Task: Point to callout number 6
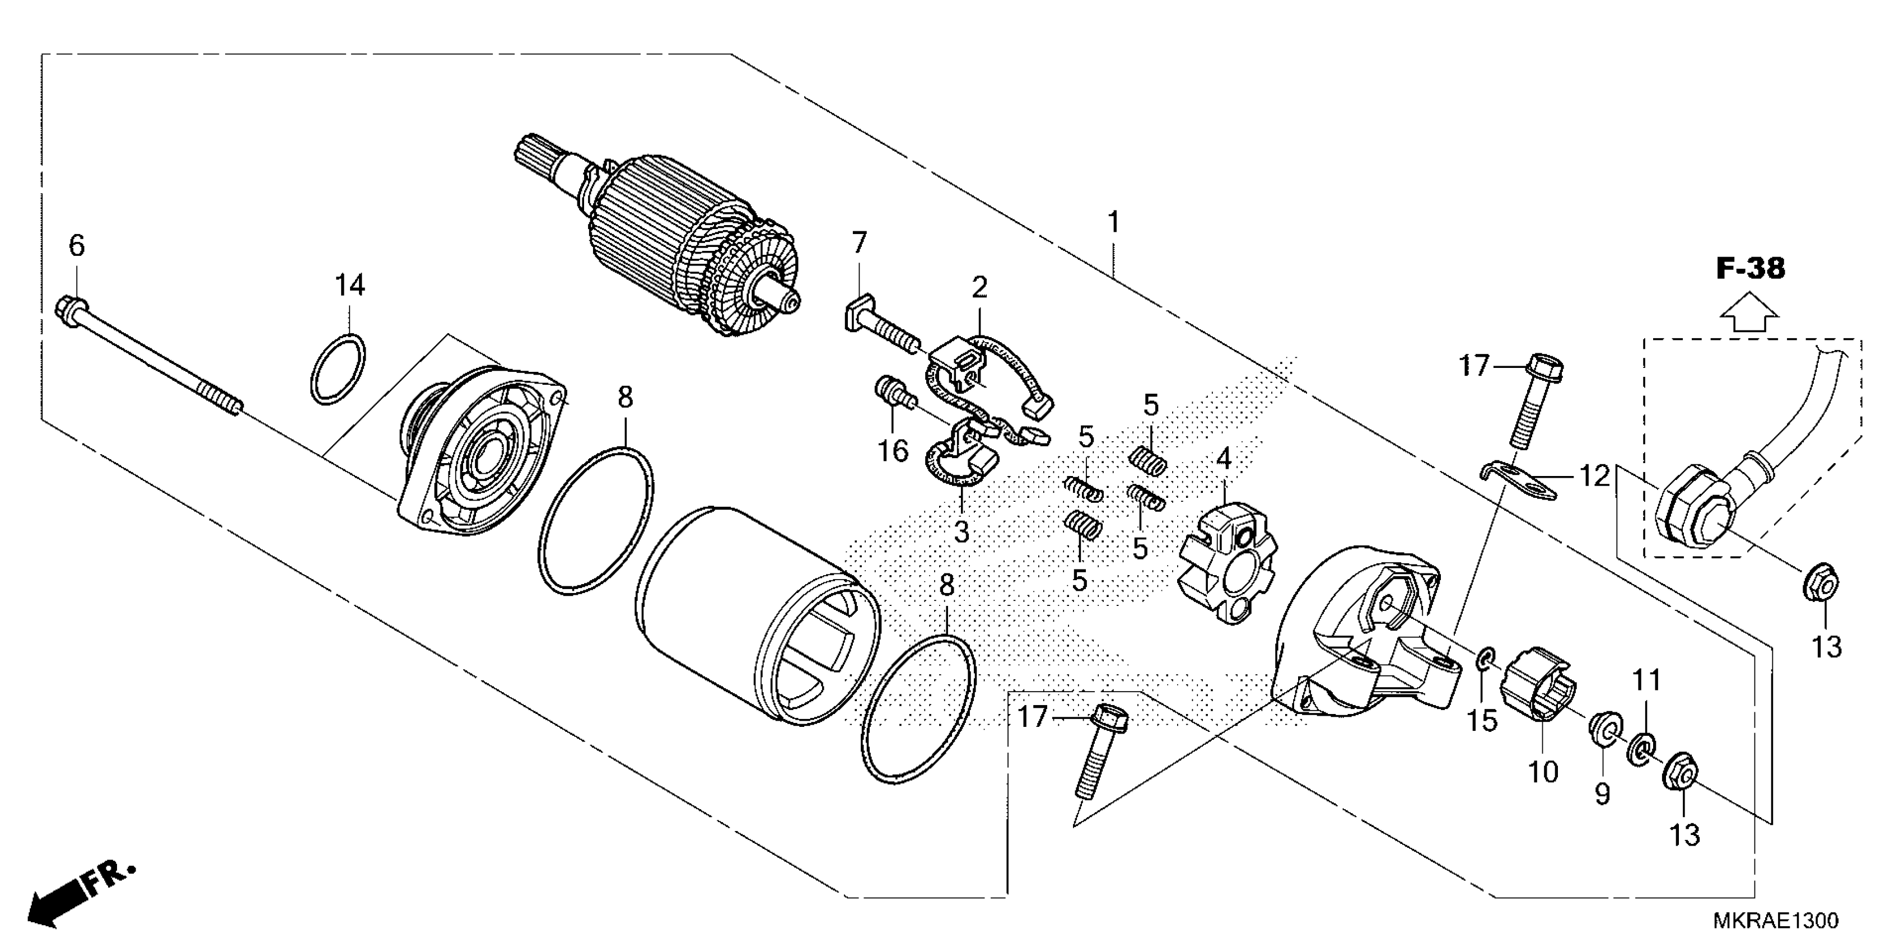pos(77,245)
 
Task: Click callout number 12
pos(1595,477)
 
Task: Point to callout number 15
pos(1482,721)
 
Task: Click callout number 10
pos(1543,772)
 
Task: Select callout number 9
pos(1601,794)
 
